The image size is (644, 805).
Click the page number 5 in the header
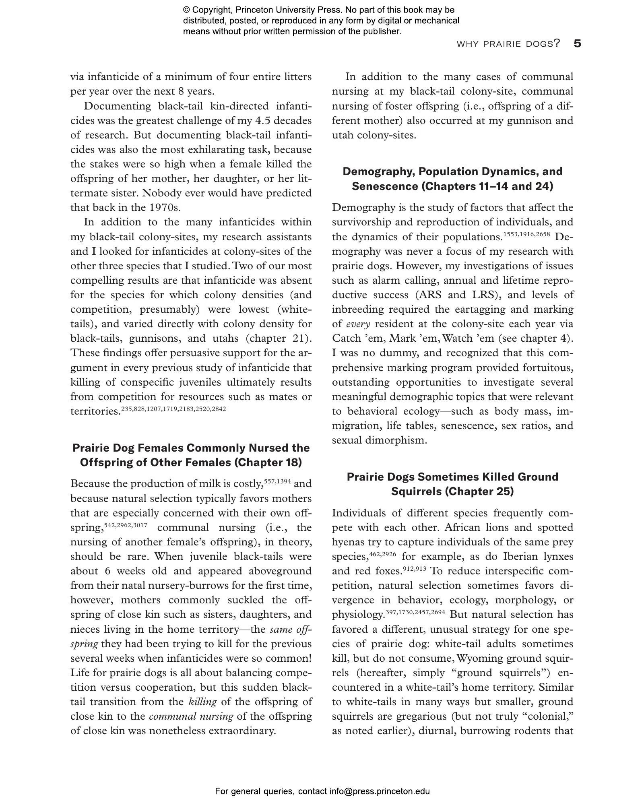577,43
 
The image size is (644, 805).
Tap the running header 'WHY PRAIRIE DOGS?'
508,44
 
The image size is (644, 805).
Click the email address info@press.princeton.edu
380,791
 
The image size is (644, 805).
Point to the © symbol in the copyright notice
186,10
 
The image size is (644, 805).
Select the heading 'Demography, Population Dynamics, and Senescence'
452,179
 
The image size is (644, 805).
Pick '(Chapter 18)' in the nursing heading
268,462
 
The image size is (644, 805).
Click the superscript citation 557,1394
277,481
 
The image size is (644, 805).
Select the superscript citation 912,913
414,569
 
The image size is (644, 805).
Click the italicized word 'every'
358,324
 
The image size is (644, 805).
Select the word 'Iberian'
515,557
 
